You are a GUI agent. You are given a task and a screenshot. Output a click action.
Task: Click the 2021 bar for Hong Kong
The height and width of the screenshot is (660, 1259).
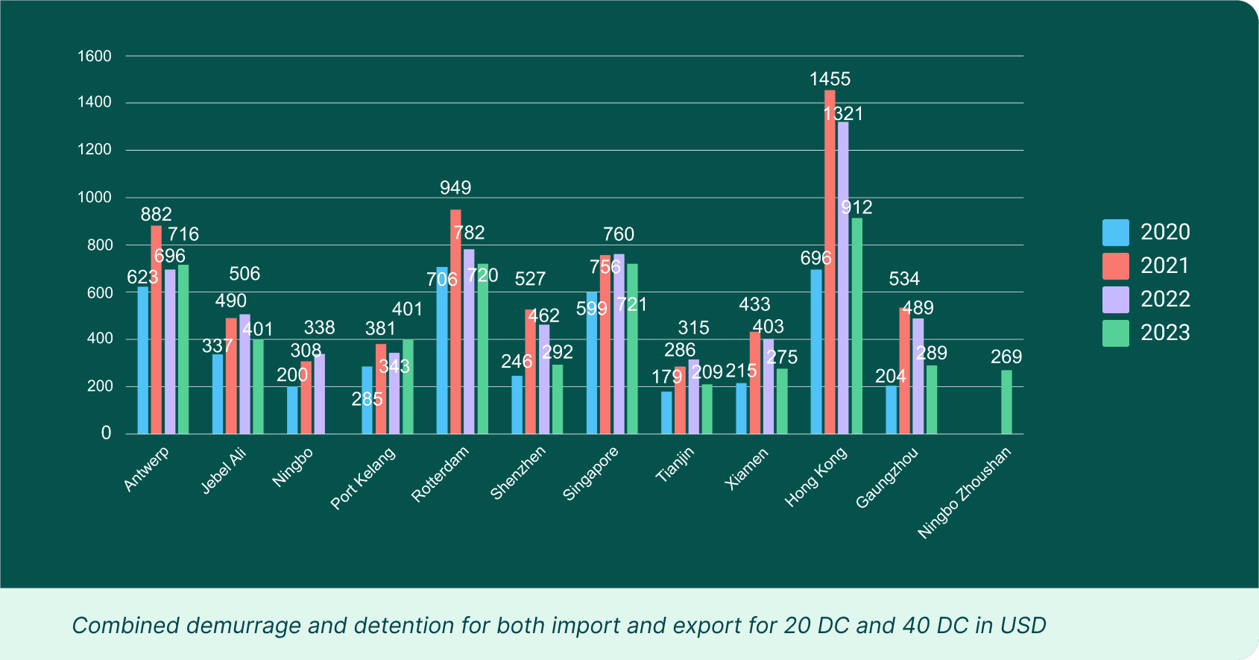pos(830,261)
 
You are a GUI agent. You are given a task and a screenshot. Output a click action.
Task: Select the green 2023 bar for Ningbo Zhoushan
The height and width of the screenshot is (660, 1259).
pos(1006,402)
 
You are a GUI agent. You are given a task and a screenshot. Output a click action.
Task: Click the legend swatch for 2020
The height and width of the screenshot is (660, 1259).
pos(1115,233)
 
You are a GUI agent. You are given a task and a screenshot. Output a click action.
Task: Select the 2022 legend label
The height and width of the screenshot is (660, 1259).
pos(1165,299)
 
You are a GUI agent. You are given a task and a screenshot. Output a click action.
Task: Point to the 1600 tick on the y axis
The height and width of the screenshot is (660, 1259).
pos(95,56)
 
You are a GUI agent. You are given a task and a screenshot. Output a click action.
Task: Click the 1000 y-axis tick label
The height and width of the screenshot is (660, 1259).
pos(95,198)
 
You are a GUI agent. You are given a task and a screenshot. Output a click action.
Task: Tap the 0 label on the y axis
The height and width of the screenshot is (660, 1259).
pos(107,433)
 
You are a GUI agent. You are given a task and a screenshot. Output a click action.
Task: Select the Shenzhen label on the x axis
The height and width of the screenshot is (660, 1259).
pos(518,472)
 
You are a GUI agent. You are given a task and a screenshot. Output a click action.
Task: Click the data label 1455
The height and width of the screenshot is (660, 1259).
pos(830,79)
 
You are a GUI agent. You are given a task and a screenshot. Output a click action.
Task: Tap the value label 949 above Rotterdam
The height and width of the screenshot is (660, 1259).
pos(455,188)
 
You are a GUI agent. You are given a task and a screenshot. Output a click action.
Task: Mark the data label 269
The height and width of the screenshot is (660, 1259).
pos(1006,357)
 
